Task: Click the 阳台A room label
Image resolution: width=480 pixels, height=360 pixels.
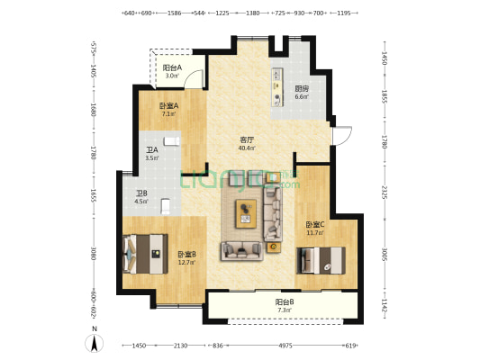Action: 172,67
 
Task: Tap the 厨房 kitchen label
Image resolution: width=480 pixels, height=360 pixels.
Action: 302,88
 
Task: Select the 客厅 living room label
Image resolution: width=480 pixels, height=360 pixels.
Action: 246,139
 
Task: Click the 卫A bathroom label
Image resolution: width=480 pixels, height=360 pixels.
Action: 152,150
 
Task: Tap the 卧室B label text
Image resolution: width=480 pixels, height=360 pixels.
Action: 186,254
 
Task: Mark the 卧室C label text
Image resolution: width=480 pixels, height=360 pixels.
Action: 313,224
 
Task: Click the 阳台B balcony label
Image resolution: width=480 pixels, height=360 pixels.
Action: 285,301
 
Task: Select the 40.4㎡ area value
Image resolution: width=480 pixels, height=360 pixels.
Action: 246,148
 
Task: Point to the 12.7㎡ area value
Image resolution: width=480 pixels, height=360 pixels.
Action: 186,263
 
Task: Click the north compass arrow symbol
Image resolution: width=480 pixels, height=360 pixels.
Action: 91,342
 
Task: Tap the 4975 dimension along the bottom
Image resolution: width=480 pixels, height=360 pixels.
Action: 285,346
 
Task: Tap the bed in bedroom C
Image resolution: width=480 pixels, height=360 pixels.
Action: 322,259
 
